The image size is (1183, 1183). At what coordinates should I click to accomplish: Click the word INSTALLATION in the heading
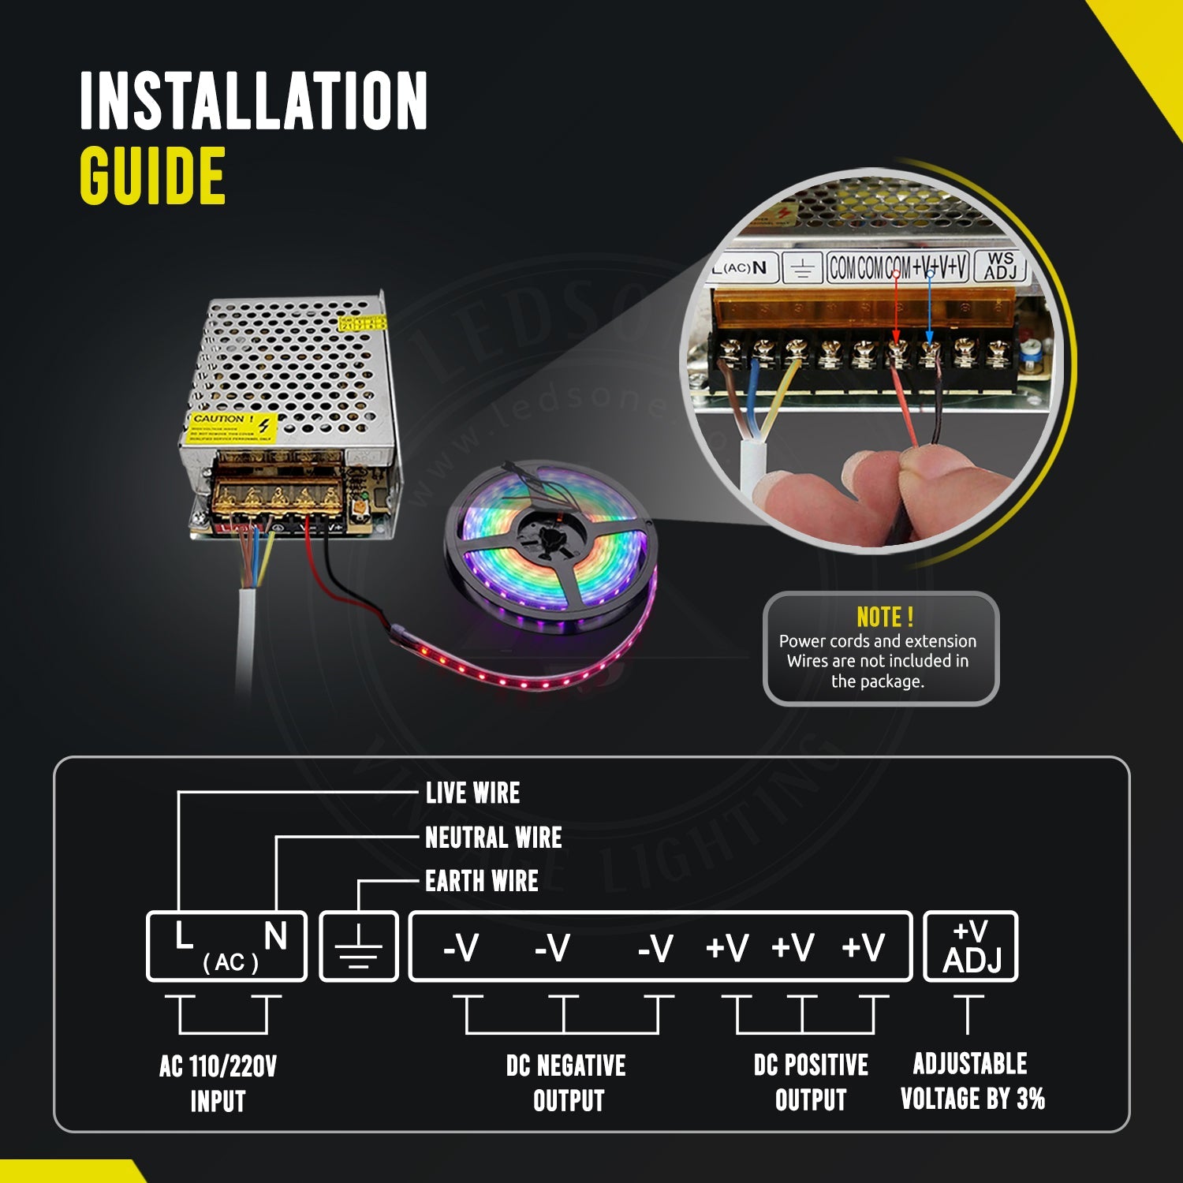pos(253,101)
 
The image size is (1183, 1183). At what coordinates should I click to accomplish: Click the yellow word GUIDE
pos(152,176)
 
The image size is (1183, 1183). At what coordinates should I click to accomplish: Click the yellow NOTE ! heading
pos(884,617)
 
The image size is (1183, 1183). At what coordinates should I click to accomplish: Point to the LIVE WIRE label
pos(472,793)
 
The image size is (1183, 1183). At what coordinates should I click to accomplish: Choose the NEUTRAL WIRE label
pos(493,837)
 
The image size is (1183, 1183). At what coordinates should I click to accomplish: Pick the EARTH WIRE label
pos(481,881)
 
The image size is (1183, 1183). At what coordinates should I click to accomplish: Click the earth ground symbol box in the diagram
pos(359,946)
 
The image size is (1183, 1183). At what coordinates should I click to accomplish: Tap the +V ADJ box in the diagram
pos(971,946)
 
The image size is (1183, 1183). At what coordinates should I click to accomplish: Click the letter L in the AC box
pos(184,937)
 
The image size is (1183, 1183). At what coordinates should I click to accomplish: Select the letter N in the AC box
pos(275,937)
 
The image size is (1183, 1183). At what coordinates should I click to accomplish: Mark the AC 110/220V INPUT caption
pos(218,1084)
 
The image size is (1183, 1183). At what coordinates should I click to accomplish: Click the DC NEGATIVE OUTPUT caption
pos(566,1083)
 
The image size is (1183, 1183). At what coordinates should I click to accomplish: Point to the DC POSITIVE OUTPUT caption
pos(811,1082)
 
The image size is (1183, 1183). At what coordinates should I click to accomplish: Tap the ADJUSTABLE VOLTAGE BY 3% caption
pos(972,1080)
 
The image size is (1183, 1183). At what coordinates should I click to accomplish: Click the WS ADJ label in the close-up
pos(1000,266)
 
